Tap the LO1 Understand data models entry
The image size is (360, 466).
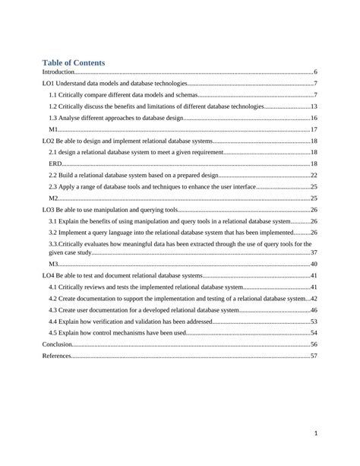pos(113,83)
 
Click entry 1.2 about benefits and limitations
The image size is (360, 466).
pos(156,106)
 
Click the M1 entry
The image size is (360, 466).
pos(54,130)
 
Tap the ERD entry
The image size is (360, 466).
pos(56,164)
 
